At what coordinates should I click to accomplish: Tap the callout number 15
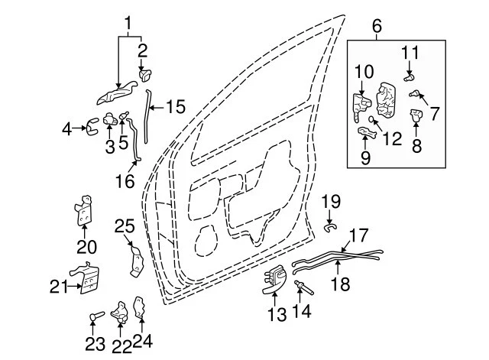pos(175,107)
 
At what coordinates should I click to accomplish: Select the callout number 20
pos(86,245)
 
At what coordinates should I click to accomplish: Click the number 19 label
pos(330,202)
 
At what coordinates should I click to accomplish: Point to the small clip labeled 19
pos(330,225)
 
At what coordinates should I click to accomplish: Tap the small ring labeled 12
pos(371,119)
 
